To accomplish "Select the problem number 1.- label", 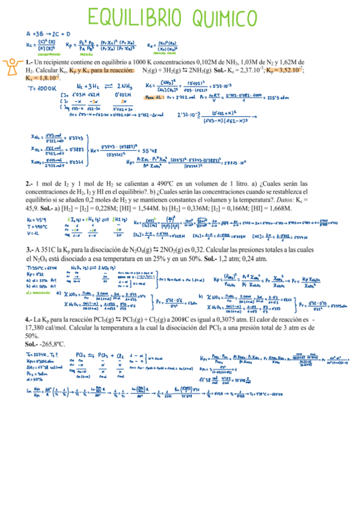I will pos(29,62).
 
